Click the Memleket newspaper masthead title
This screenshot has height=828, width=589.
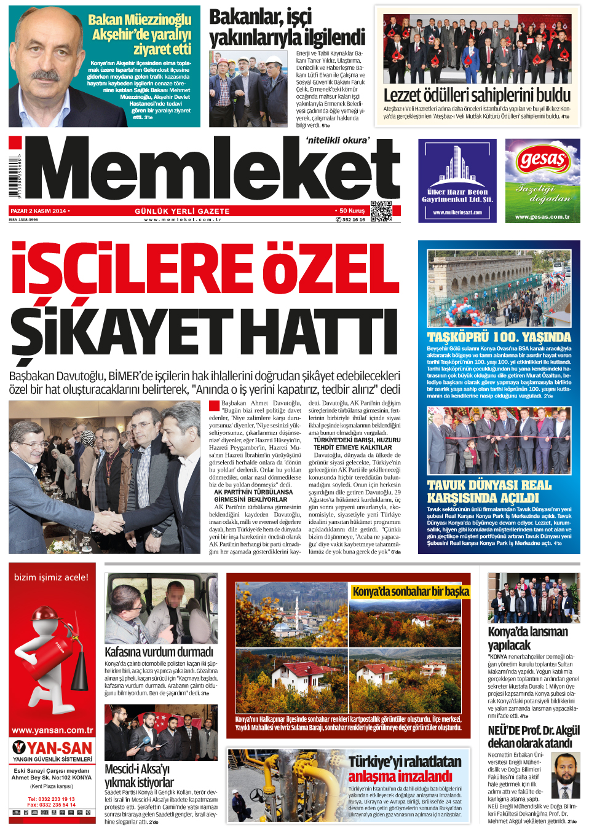tap(212, 169)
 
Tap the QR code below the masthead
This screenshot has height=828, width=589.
tap(381, 211)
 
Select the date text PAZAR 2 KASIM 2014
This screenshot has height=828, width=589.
tap(38, 211)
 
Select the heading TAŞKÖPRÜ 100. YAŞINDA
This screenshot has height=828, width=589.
tap(499, 337)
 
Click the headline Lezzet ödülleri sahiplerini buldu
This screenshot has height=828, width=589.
tap(477, 95)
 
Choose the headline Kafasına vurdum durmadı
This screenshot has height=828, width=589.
tap(159, 652)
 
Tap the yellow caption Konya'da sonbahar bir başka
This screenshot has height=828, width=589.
tap(410, 592)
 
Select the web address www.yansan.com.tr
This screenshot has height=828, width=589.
tap(52, 730)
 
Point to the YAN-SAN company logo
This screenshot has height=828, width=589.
tap(52, 748)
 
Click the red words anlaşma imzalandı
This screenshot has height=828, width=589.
tap(400, 776)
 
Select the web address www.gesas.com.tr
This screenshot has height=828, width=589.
tap(542, 217)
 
